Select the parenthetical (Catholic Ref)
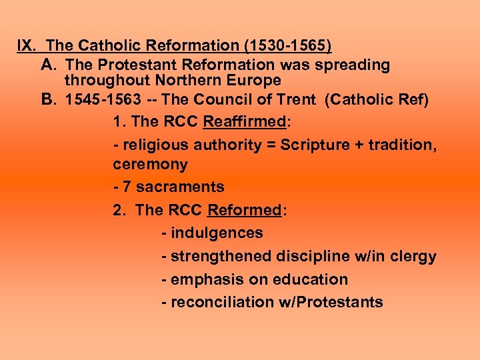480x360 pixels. coord(378,99)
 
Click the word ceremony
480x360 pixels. coord(150,164)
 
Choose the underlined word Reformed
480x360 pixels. coord(245,210)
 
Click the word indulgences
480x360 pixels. coord(217,233)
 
